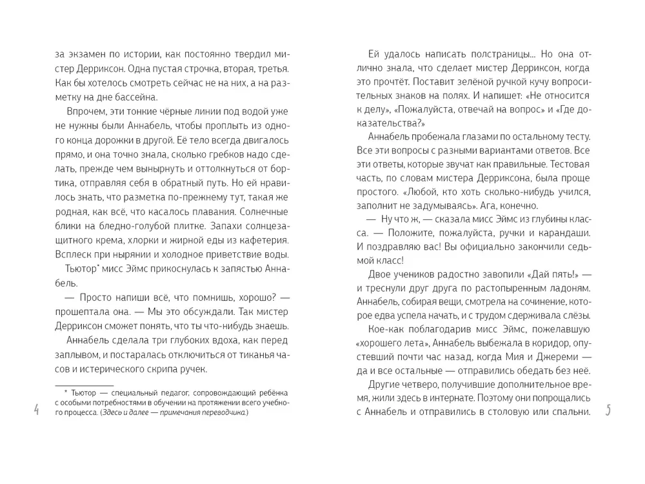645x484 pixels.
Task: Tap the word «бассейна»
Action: (x=134, y=97)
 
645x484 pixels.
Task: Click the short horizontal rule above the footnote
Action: (x=84, y=385)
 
